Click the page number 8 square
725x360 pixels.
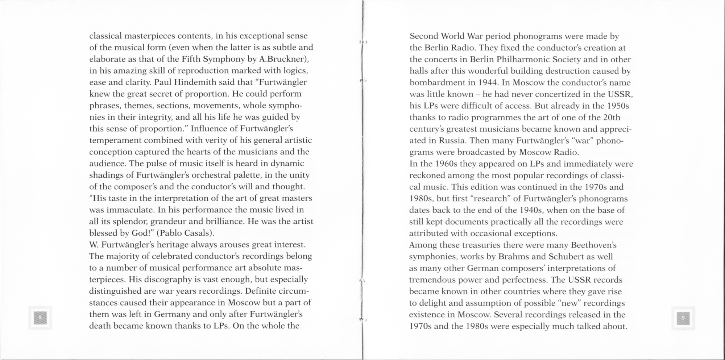point(40,318)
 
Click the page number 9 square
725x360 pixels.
point(683,318)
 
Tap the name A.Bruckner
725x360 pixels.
point(283,59)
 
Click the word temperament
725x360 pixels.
point(115,140)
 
